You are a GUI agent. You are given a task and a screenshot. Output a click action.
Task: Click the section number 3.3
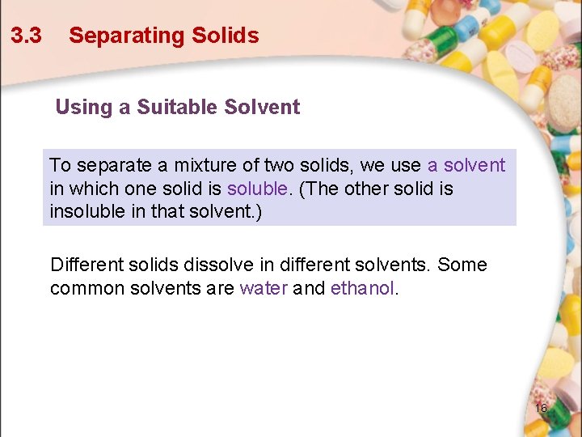(26, 36)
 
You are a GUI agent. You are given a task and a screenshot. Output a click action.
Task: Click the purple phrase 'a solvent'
(466, 166)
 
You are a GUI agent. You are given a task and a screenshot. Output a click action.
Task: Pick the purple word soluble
(257, 189)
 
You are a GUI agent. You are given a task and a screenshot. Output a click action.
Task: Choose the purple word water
(264, 288)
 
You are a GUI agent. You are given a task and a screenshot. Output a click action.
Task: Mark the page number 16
(541, 408)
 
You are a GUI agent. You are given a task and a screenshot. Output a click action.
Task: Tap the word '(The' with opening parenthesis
(317, 189)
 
